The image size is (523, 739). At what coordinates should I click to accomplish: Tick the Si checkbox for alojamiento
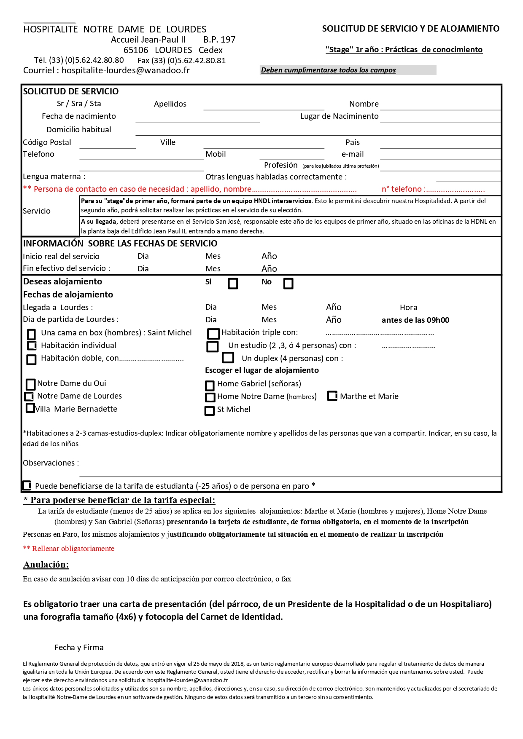pos(233,284)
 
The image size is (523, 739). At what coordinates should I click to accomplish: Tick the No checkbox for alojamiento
pos(288,284)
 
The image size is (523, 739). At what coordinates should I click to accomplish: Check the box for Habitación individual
pos(32,345)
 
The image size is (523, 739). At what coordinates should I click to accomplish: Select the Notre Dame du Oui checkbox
pos(31,384)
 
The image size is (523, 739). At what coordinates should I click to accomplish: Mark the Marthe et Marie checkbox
pos(332,396)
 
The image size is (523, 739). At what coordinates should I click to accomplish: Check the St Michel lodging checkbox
pos(210,410)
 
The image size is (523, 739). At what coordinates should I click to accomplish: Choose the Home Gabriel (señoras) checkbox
pos(210,386)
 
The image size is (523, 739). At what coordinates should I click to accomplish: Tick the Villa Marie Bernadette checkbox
pos(30,408)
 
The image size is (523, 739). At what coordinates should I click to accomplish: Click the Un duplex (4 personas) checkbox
pos(228,358)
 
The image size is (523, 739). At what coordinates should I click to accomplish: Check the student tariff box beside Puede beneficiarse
pos(27,485)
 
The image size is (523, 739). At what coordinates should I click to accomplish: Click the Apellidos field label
pos(170,104)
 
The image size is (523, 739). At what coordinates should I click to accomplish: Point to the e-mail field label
pos(353,154)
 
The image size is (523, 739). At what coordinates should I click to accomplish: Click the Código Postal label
pos(47,142)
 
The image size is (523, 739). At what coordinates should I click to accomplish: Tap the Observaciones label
pos(51,463)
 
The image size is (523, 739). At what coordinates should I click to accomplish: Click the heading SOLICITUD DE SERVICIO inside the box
pos(71,91)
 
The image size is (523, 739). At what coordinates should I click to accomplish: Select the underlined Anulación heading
pos(46,565)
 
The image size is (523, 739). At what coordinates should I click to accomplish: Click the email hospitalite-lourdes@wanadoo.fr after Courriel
pos(126,70)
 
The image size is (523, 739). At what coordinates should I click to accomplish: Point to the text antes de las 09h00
pos(415,320)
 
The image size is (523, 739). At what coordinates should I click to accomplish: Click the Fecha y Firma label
pos(79,648)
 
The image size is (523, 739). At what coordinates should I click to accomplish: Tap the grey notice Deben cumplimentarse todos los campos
pos(328,70)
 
